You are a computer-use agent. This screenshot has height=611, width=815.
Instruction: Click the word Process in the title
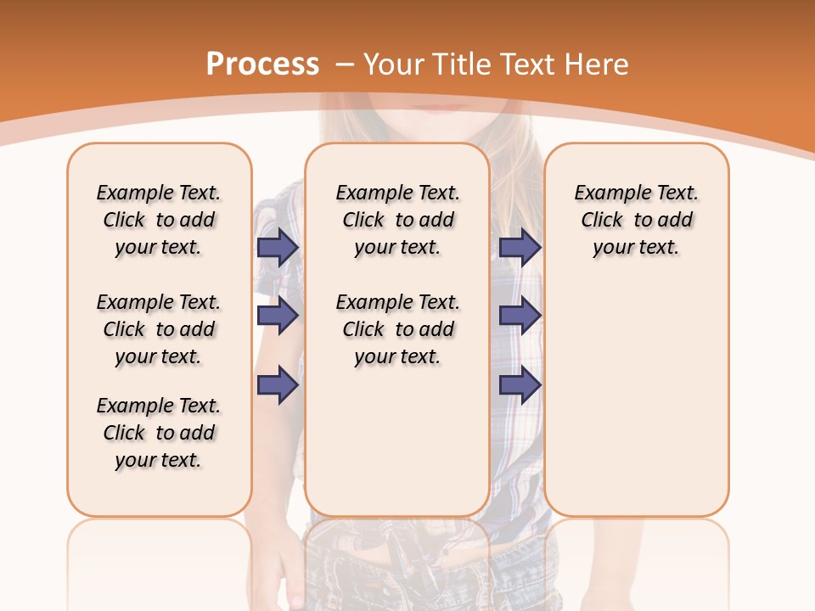[262, 64]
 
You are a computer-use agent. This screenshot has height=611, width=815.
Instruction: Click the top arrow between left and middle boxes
[278, 247]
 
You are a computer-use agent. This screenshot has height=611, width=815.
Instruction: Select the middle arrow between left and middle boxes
[278, 316]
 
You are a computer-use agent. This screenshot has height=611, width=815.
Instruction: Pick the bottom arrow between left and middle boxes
[278, 386]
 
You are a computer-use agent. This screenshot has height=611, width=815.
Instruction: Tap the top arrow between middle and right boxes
[520, 247]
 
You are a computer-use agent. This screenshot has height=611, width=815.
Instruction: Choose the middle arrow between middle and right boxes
[520, 316]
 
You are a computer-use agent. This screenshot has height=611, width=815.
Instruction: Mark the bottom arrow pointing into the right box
[520, 386]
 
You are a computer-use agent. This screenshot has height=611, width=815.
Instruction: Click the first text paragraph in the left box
[159, 220]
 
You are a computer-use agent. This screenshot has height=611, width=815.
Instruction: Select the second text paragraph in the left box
[159, 329]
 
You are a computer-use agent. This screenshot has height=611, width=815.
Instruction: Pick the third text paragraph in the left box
[159, 433]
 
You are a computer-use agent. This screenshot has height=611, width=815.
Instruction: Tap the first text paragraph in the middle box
[397, 220]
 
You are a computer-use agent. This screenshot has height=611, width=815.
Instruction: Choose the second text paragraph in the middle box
[397, 329]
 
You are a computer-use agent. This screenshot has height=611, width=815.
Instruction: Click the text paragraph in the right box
[636, 220]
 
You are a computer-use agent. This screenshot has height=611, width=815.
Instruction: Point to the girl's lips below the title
[440, 108]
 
